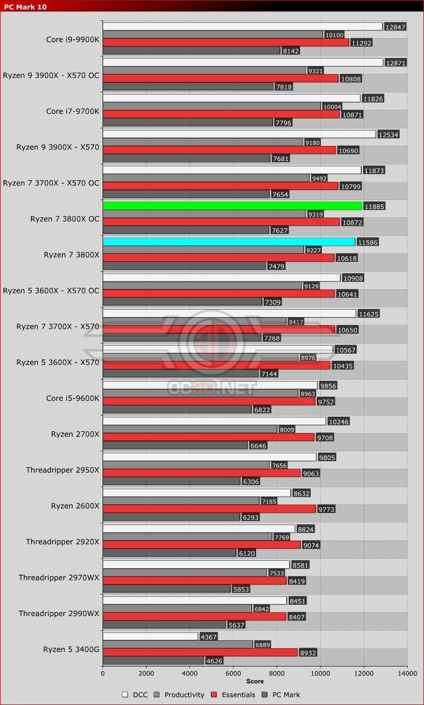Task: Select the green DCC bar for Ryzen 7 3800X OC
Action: [x=232, y=206]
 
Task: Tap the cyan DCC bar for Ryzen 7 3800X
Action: [x=228, y=242]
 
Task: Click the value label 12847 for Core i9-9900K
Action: [x=395, y=26]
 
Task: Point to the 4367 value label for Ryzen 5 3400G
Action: [x=209, y=636]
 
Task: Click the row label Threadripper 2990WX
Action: [x=59, y=613]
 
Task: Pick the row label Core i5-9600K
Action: [x=72, y=398]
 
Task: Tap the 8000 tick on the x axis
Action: [x=277, y=672]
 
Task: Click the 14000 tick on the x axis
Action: [x=407, y=672]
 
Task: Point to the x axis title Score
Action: [x=255, y=681]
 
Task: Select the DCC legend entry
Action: [x=135, y=695]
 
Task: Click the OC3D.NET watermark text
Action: [x=211, y=388]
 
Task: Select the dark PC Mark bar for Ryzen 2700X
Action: [x=175, y=445]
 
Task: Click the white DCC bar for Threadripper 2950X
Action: [x=209, y=457]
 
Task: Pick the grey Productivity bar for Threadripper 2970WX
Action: [x=185, y=573]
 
